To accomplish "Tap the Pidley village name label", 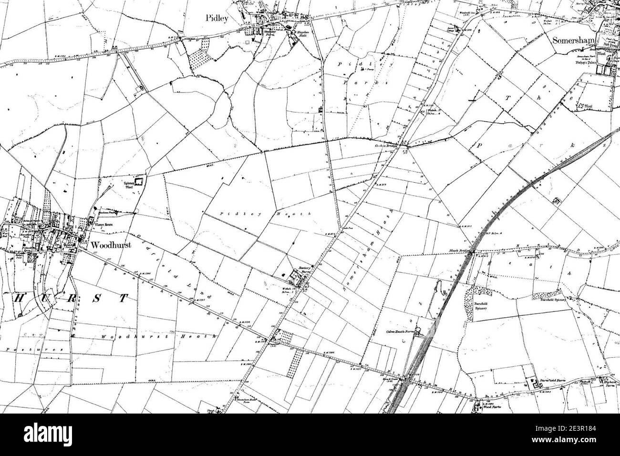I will (x=217, y=19).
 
